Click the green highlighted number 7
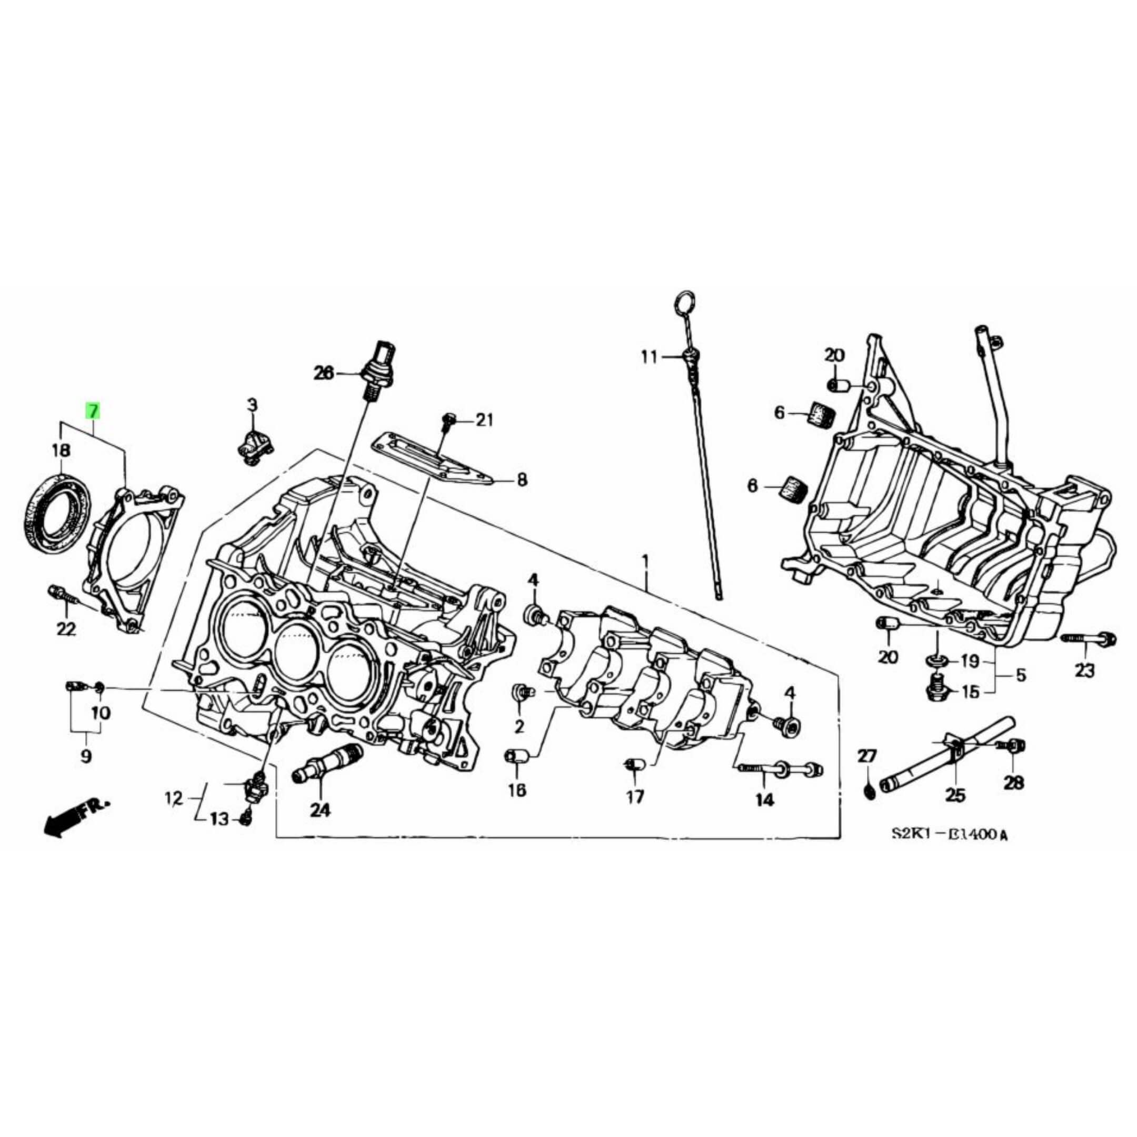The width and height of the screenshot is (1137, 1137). [x=93, y=411]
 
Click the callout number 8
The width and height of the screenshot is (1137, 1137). [x=522, y=481]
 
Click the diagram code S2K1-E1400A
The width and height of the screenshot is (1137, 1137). [x=949, y=834]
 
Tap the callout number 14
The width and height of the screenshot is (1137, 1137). [x=764, y=800]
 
